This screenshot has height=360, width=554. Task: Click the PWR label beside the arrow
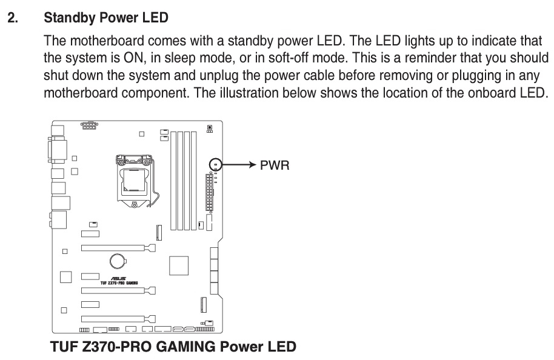coord(275,165)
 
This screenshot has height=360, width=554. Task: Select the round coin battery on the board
coord(118,261)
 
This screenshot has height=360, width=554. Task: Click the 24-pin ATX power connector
coord(210,193)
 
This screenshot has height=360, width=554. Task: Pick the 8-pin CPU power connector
coord(89,126)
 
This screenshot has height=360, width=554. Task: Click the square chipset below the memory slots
coord(179,265)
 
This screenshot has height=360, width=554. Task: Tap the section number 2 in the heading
coord(12,19)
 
